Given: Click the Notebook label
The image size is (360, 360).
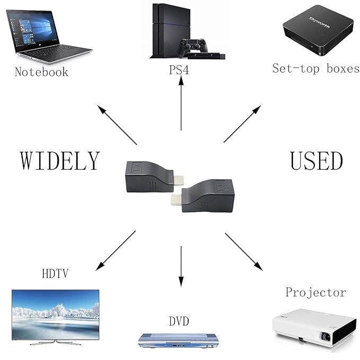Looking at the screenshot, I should coord(41,72).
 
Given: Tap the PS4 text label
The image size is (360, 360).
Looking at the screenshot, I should coord(179,71).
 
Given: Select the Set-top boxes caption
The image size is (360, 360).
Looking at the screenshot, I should coord(316,68).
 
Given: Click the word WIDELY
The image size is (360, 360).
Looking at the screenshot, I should coord(60,160).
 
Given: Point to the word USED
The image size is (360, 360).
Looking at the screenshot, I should coord(317,160).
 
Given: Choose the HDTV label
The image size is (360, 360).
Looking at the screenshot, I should coord(55,274).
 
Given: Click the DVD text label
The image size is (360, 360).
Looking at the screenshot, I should coord(179,321).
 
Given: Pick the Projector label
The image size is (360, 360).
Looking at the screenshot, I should coord(315,292).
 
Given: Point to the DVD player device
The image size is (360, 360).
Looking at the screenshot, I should coord(179,339).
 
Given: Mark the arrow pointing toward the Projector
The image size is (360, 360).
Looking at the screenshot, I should coord(243,251).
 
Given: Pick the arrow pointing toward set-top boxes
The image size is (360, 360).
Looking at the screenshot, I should coord(242,124).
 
